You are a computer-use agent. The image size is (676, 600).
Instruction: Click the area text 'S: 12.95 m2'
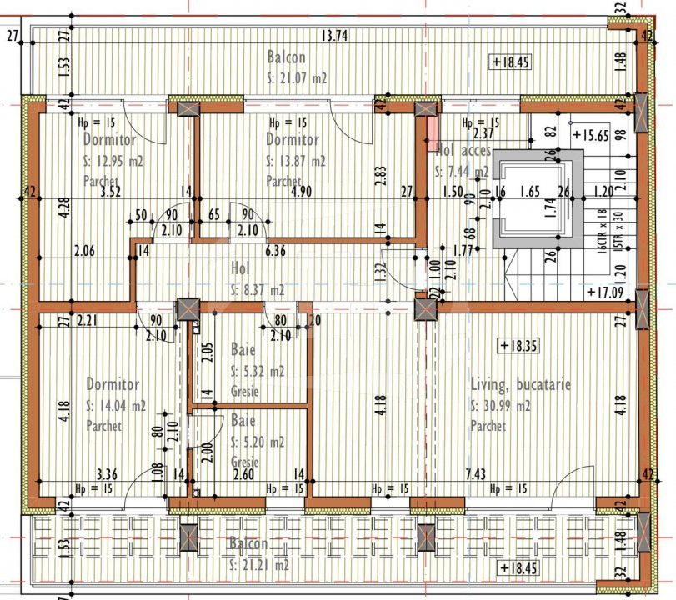(113, 161)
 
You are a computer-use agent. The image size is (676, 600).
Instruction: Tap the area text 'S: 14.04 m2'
(116, 406)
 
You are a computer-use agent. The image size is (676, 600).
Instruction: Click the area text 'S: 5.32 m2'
(257, 372)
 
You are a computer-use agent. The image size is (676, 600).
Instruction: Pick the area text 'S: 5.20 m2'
(257, 442)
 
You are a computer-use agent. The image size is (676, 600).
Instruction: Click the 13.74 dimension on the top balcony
(333, 35)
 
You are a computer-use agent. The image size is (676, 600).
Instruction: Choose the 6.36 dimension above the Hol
(275, 250)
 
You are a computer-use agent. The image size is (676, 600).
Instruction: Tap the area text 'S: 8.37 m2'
(257, 290)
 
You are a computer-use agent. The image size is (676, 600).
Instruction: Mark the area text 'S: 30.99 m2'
(501, 406)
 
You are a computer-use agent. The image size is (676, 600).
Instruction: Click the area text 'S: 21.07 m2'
(297, 77)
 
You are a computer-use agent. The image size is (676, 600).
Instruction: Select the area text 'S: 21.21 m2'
(259, 564)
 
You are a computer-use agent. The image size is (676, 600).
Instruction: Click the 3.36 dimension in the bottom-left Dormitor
(106, 474)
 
